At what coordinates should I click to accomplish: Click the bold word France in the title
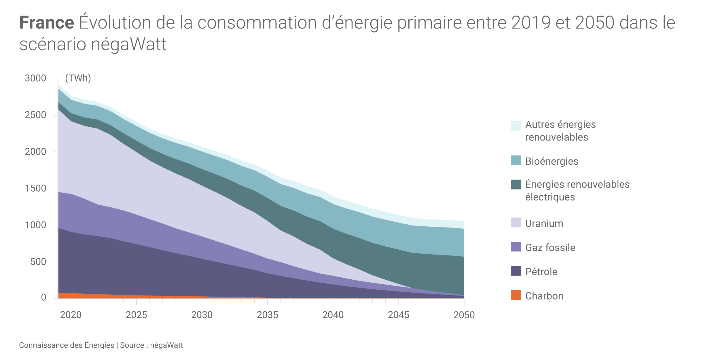(x=47, y=23)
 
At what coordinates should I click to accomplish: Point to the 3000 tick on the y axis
(x=35, y=78)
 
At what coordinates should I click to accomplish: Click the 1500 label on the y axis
(x=35, y=188)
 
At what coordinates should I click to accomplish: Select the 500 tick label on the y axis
(x=38, y=262)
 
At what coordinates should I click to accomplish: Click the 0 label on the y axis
(x=43, y=297)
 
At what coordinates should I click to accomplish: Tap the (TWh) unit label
(x=78, y=78)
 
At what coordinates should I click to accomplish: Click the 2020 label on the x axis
(x=71, y=315)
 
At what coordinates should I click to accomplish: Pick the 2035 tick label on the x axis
(x=267, y=315)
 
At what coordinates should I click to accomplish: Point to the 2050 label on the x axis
(x=464, y=315)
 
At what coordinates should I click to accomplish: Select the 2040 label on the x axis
(x=333, y=315)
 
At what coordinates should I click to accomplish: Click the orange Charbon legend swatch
(x=516, y=295)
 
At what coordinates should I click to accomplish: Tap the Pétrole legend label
(x=541, y=272)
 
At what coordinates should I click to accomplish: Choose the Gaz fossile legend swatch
(x=516, y=247)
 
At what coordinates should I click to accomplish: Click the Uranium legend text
(x=544, y=223)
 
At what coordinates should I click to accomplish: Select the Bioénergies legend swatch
(x=516, y=160)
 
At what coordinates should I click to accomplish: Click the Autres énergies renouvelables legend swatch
(x=516, y=126)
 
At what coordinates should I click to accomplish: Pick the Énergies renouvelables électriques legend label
(x=577, y=191)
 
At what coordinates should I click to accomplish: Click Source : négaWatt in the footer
(x=151, y=345)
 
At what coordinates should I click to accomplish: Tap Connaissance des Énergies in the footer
(x=67, y=345)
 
